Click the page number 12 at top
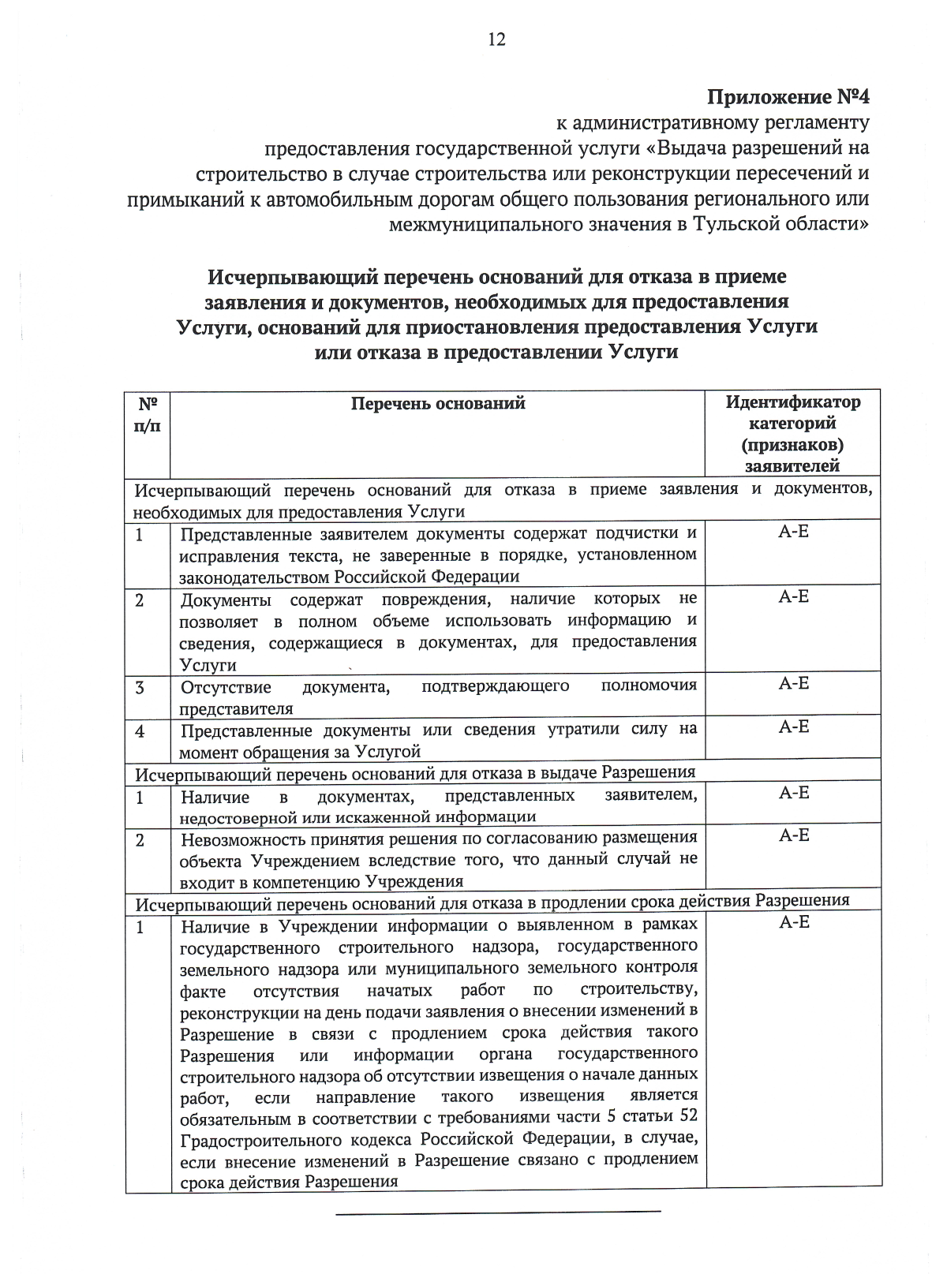[x=496, y=39]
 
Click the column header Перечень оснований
[x=438, y=404]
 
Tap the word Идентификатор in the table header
[x=793, y=402]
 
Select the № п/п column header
[x=148, y=414]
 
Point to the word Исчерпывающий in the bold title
[x=279, y=278]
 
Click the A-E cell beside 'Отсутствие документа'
[x=793, y=684]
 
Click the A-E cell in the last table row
[x=793, y=922]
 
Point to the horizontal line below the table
[x=498, y=1211]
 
